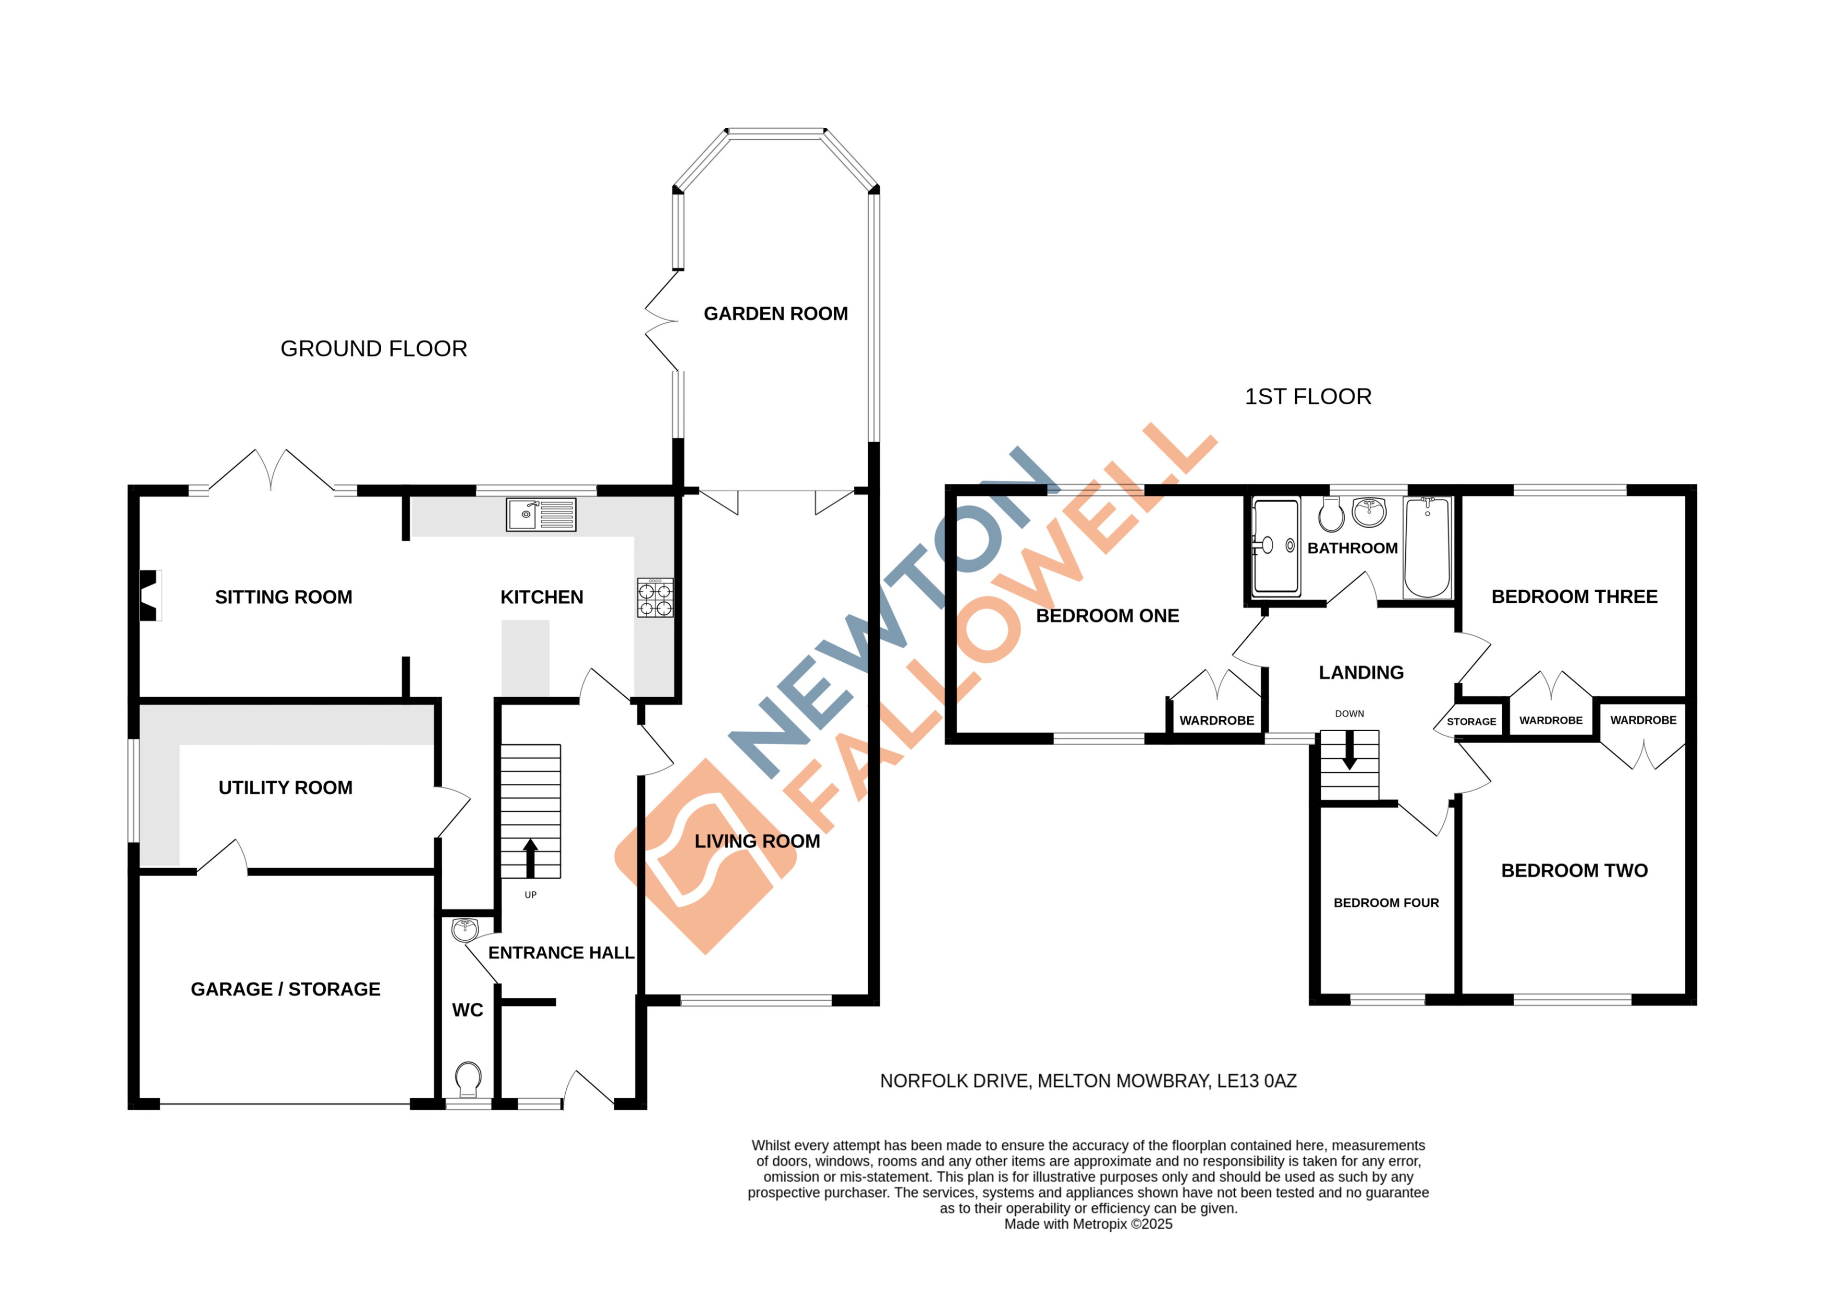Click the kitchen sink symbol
tap(541, 514)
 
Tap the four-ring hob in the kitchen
tap(654, 598)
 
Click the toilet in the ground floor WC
tap(468, 1079)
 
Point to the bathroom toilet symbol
tap(1332, 514)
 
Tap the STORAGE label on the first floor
tap(1471, 722)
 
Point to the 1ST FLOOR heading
tap(1308, 397)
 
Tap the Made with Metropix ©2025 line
tap(1088, 1224)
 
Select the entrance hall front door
tap(589, 1089)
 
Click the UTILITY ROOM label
tap(286, 788)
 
